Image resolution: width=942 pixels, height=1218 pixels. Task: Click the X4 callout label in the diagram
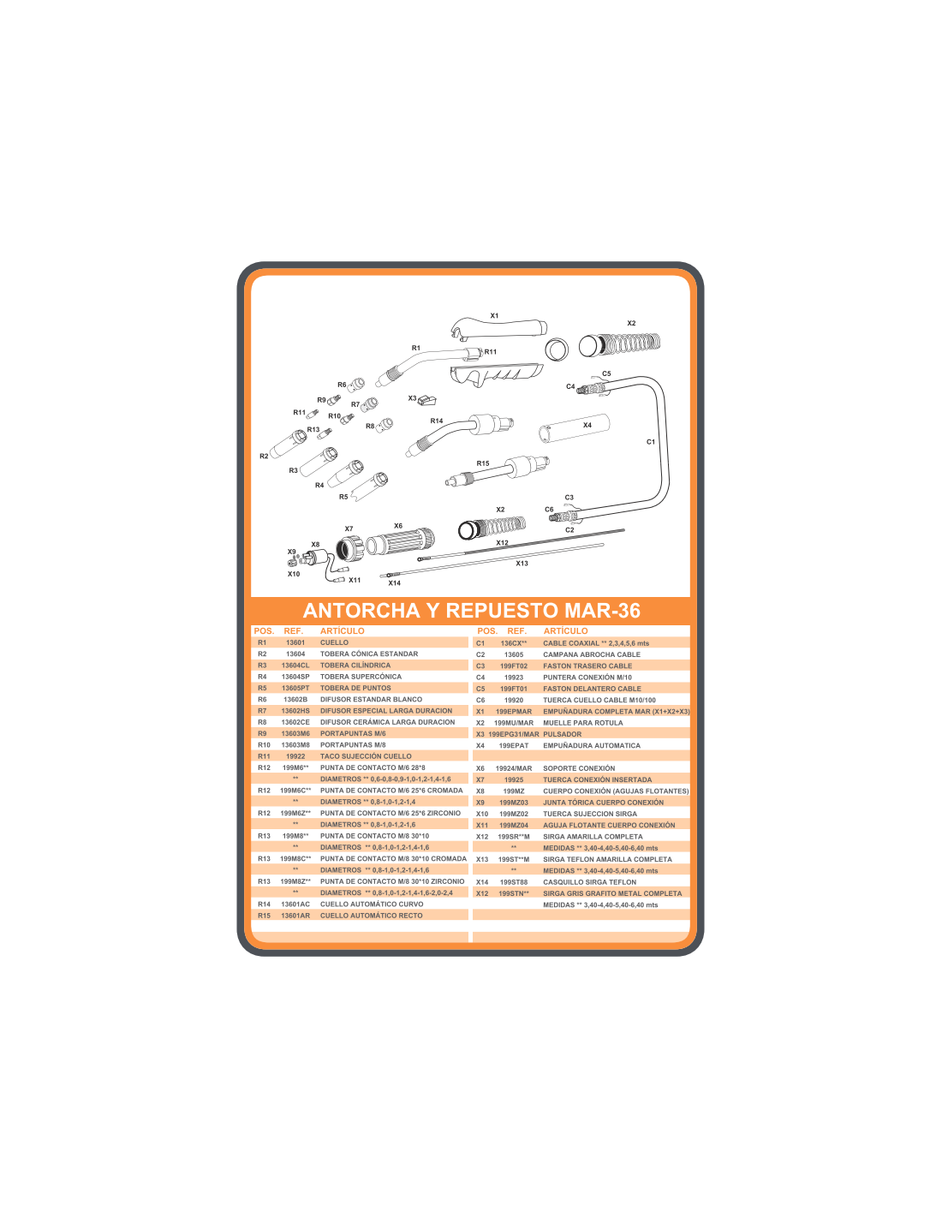[x=587, y=425]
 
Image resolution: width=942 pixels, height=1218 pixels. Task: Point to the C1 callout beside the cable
[x=650, y=442]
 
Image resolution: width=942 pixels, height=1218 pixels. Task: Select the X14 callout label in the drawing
[x=395, y=583]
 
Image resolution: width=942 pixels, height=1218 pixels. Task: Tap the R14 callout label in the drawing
[x=437, y=421]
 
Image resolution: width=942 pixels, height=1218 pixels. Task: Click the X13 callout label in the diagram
[x=522, y=564]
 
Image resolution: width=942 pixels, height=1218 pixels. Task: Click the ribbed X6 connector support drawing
[x=400, y=541]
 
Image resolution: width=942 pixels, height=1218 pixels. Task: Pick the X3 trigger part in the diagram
[x=427, y=400]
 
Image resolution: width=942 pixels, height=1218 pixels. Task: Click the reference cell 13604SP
[x=295, y=677]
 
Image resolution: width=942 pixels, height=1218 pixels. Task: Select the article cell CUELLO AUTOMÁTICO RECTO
[x=371, y=916]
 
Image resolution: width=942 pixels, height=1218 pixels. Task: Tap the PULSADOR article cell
[x=562, y=734]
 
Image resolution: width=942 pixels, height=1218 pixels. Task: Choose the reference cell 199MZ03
[x=513, y=803]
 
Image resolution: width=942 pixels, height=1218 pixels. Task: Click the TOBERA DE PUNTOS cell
[x=355, y=688]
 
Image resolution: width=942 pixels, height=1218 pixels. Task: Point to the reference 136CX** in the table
[x=513, y=643]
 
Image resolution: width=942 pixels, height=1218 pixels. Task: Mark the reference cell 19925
[x=513, y=779]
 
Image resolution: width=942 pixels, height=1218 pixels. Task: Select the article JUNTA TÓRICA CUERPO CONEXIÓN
[x=603, y=803]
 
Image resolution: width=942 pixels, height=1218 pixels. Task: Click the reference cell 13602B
[x=295, y=700]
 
